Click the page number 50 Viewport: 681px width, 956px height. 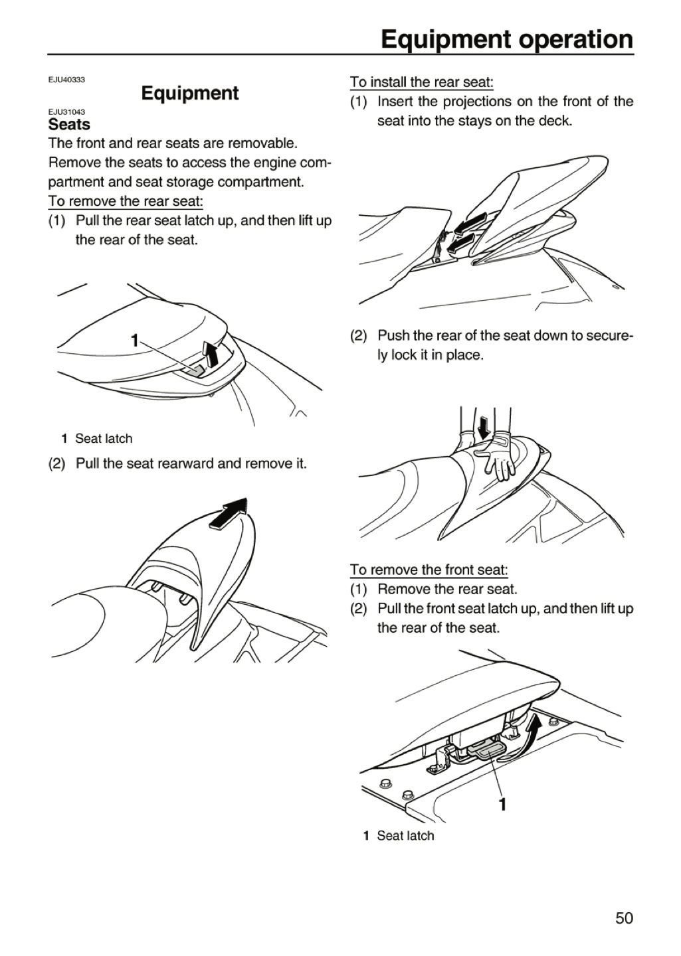(x=624, y=916)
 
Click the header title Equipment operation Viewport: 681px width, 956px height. (x=507, y=40)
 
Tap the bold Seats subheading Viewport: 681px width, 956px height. (x=69, y=125)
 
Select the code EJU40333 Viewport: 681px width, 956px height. (x=66, y=80)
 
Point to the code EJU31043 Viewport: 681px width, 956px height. (x=66, y=112)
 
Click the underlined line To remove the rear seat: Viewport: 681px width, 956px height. (x=126, y=201)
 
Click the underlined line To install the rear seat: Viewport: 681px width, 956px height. (x=422, y=82)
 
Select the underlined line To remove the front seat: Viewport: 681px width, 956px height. (x=429, y=570)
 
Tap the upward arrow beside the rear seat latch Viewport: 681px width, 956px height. (x=210, y=354)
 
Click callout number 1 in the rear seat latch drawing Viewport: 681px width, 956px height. (x=135, y=341)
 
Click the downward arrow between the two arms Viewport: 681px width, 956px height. (x=484, y=428)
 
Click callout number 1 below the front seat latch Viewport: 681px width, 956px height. (x=503, y=803)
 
